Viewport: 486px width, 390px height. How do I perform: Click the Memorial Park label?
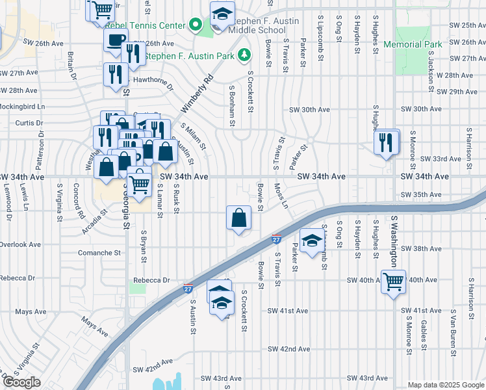click(x=412, y=44)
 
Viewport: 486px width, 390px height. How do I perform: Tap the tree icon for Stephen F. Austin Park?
click(x=245, y=55)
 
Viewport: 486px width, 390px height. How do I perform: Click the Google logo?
click(x=21, y=382)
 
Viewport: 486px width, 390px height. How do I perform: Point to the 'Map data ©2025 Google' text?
click(x=446, y=385)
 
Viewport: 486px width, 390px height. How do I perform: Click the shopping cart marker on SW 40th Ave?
click(x=393, y=282)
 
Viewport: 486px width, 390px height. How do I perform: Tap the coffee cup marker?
click(x=116, y=40)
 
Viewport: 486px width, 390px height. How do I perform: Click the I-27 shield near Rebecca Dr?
click(x=188, y=289)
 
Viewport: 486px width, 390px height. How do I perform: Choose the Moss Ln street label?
click(x=281, y=195)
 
